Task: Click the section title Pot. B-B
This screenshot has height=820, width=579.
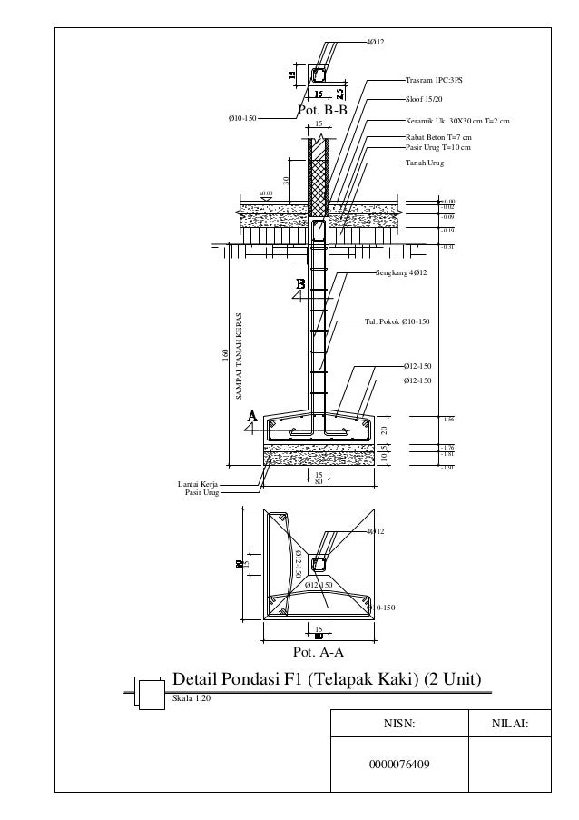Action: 323,110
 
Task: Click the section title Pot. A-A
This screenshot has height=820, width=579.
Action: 320,652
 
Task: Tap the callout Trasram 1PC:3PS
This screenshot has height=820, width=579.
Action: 434,80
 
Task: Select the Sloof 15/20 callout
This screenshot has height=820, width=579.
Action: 424,98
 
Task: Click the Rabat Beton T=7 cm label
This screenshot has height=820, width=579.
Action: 437,137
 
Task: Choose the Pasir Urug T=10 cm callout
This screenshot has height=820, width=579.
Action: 437,145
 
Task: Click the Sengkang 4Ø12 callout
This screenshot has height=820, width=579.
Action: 401,272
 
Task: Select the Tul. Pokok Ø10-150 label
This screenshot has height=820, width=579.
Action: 396,321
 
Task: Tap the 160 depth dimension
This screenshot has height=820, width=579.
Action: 225,352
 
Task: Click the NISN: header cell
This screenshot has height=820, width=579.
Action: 399,724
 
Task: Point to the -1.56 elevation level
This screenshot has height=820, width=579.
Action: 447,420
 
